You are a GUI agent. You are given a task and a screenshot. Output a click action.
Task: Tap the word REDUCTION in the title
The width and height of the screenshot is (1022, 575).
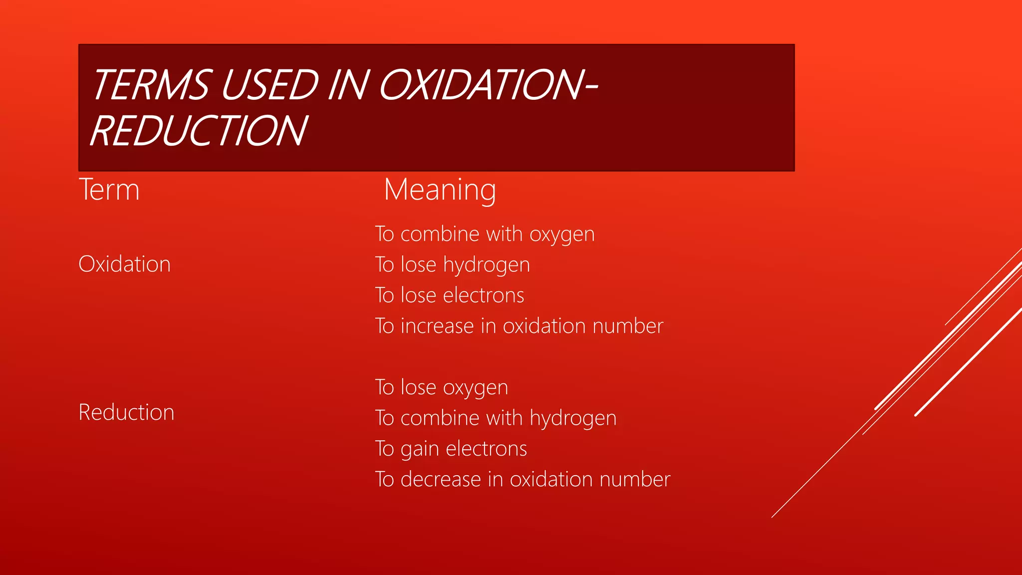pos(199,131)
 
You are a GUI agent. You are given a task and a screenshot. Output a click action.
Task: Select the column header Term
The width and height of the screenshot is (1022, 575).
pos(109,190)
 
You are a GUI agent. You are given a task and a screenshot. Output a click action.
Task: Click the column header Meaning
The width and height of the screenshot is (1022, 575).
pos(440,190)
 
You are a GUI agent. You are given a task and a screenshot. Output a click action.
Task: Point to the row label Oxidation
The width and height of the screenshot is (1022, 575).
pos(125,264)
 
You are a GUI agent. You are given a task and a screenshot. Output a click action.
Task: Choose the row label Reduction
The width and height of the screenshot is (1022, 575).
pos(126,412)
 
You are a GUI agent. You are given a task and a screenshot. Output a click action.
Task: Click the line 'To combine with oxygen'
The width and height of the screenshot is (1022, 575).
pos(485,234)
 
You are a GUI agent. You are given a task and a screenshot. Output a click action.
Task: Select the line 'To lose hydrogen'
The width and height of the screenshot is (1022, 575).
pos(452,265)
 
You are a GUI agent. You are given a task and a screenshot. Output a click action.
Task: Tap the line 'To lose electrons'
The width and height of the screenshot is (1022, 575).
pos(450,295)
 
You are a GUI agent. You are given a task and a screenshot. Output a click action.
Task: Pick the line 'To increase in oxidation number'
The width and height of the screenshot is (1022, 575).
pos(519,326)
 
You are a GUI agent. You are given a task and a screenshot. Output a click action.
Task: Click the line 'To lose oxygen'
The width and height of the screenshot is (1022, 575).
pos(442,387)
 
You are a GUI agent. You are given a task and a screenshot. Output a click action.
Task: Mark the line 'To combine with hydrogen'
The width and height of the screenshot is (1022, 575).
pos(496,418)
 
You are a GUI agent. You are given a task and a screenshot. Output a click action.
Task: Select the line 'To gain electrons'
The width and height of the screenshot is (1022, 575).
pos(451,449)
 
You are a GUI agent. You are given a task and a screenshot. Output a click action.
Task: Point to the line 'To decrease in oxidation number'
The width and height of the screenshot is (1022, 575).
pos(522,479)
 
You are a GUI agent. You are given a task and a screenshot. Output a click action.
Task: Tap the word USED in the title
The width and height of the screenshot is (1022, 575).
pos(269,85)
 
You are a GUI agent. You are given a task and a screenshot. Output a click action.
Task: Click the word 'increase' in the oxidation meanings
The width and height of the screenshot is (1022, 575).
pos(437,326)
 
